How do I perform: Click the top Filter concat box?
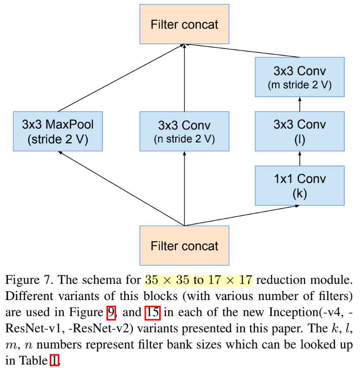click(x=184, y=24)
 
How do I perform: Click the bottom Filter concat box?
click(x=184, y=245)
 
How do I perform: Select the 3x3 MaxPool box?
click(x=58, y=132)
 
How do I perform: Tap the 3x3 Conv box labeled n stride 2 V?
click(x=184, y=132)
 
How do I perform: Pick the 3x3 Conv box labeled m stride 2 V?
click(x=299, y=77)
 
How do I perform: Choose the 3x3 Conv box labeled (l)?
click(x=299, y=131)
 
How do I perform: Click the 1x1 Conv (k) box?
click(x=299, y=185)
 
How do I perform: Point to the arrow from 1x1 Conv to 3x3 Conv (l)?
click(x=299, y=158)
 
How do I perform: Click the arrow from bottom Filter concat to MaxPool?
click(x=121, y=188)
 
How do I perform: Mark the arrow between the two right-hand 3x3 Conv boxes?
click(x=299, y=104)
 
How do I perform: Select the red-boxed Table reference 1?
click(x=54, y=360)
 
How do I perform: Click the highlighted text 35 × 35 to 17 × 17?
click(x=199, y=280)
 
